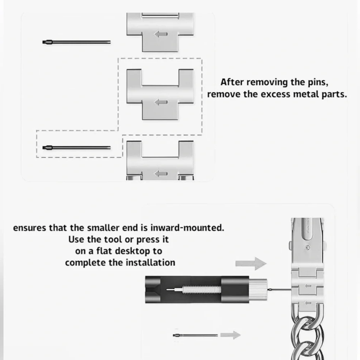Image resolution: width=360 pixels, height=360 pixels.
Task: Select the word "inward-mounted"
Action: click(187, 228)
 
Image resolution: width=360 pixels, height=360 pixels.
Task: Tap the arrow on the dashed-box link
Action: click(161, 102)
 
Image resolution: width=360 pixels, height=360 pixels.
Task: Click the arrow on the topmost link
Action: click(161, 34)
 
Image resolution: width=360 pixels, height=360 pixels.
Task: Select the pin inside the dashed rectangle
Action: click(76, 148)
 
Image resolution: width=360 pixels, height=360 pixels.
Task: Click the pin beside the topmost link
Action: click(76, 42)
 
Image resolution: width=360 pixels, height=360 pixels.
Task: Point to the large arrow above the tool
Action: click(251, 264)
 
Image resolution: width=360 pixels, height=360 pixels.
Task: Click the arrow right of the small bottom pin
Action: click(230, 335)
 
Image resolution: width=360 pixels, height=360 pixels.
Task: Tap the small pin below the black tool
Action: click(195, 336)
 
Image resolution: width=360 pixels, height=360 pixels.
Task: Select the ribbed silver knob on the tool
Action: click(258, 289)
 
